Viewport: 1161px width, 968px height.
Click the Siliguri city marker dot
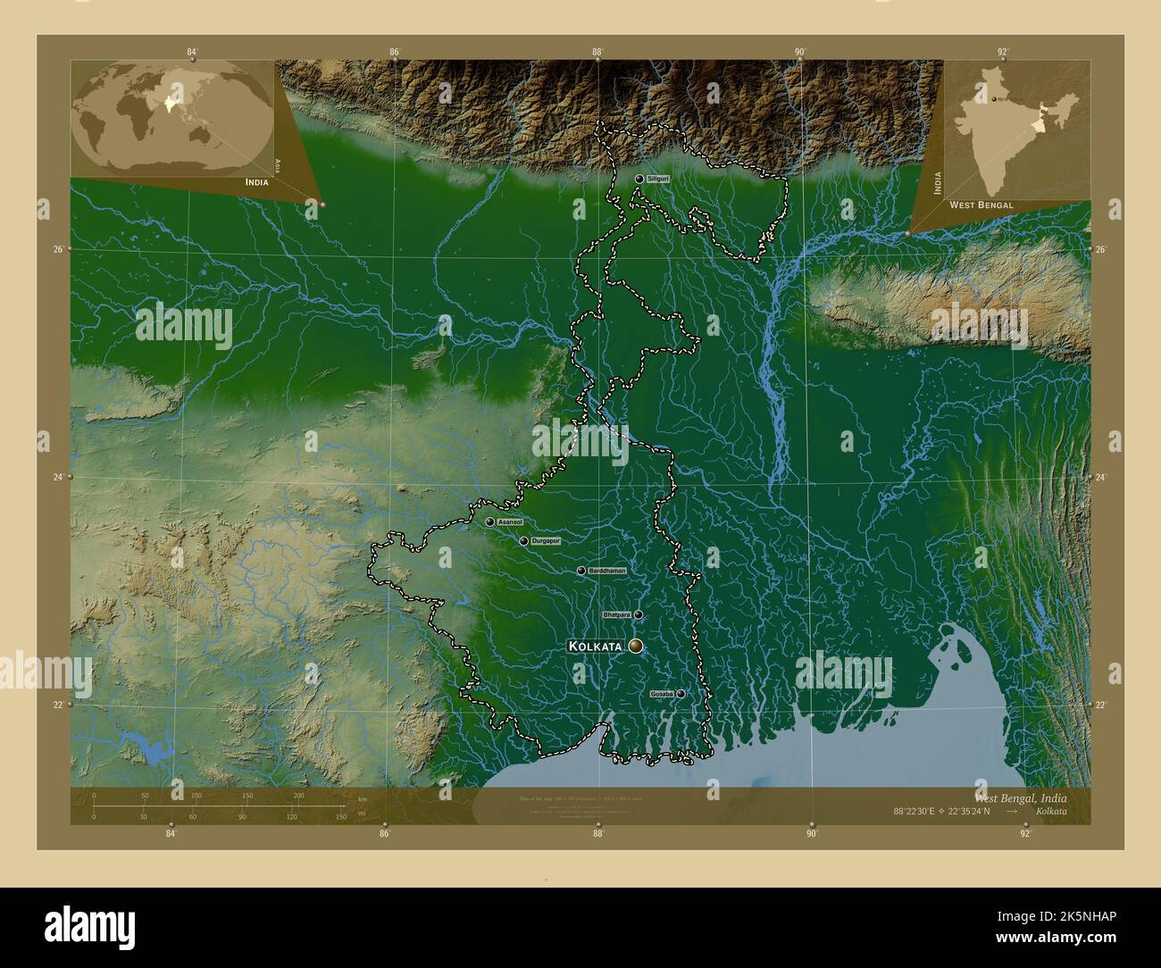[x=639, y=179]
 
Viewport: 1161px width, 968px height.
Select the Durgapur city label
[x=545, y=541]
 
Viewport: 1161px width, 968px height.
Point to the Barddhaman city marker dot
[x=581, y=571]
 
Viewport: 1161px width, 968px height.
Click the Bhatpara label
[x=616, y=615]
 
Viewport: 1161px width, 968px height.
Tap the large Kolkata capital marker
[x=636, y=646]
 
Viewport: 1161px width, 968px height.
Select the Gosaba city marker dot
[x=681, y=694]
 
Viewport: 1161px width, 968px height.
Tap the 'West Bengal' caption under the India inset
[x=981, y=204]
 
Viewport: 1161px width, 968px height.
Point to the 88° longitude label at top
[x=597, y=53]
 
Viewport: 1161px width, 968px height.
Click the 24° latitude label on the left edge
[x=57, y=477]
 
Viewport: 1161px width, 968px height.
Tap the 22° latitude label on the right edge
[x=1100, y=705]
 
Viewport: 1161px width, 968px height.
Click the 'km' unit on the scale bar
[x=362, y=798]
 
